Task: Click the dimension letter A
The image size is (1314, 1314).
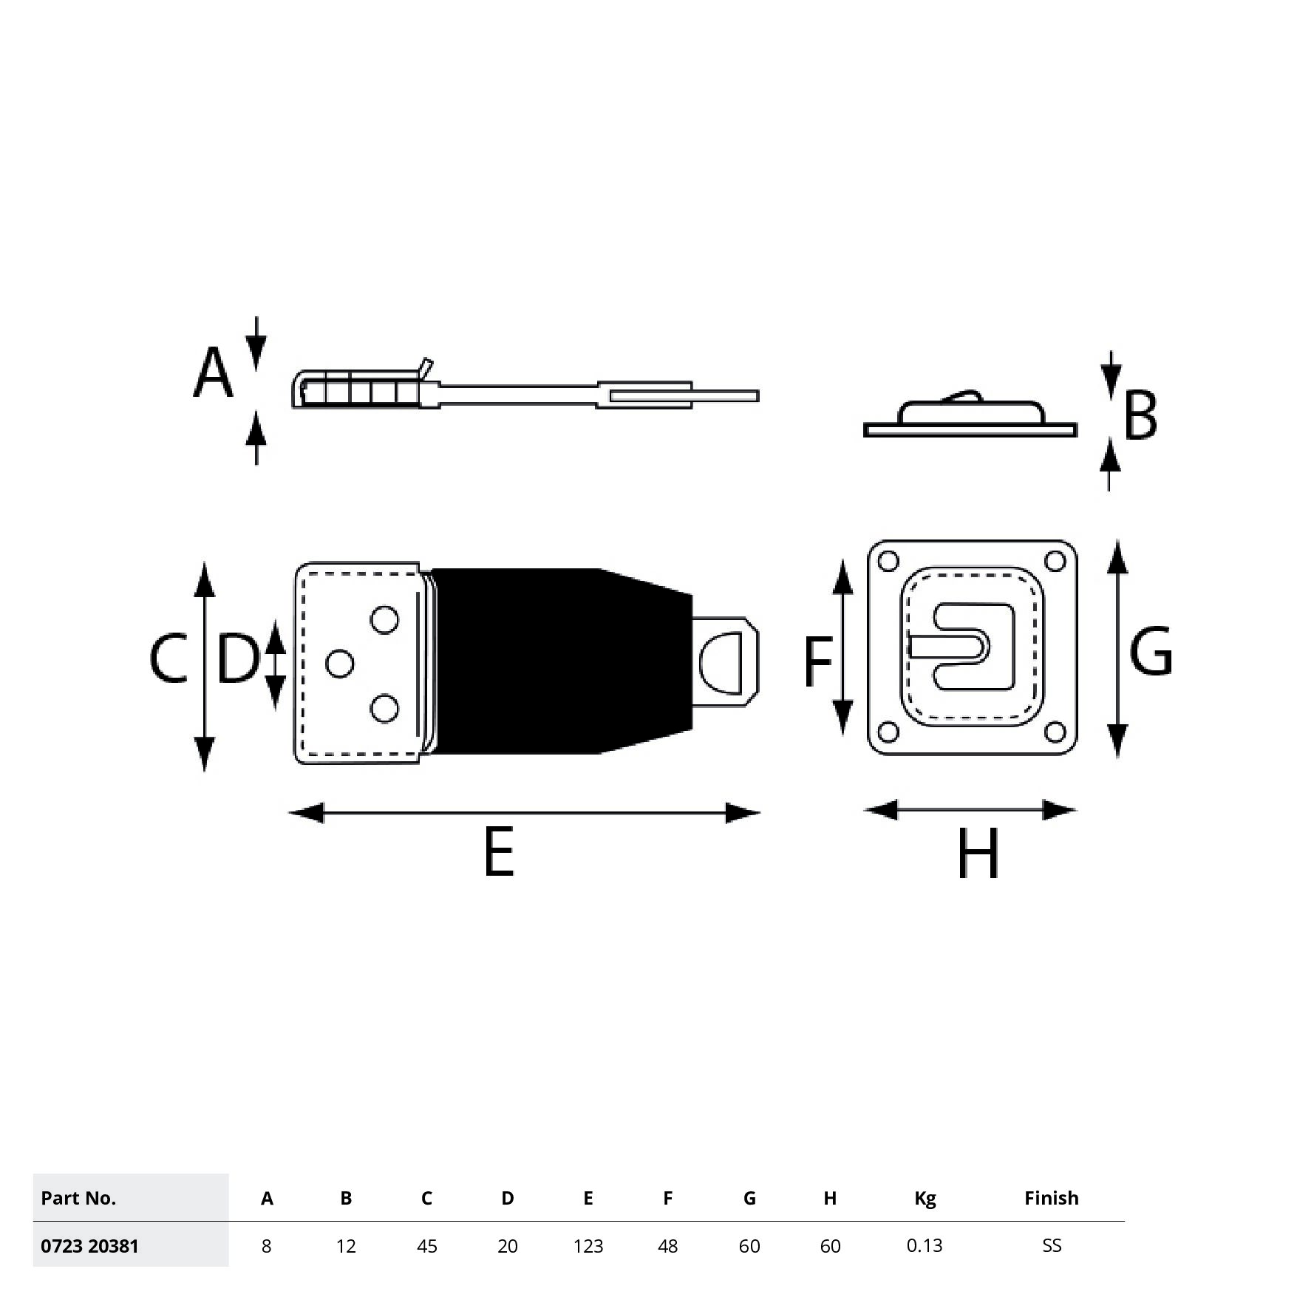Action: (x=213, y=374)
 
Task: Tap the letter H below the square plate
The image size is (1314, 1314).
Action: (x=978, y=854)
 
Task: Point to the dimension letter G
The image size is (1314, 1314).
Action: (x=1150, y=652)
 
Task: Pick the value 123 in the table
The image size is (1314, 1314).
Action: (x=588, y=1247)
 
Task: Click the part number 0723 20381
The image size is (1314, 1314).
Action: (x=89, y=1247)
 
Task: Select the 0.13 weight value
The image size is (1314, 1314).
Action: (x=925, y=1246)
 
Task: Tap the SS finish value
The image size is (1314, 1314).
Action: (x=1051, y=1246)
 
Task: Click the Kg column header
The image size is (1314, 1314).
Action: (x=925, y=1198)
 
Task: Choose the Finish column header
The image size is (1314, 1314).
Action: (x=1051, y=1198)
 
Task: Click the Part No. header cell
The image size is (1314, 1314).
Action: (x=78, y=1198)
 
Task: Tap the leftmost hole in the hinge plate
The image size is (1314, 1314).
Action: (x=339, y=664)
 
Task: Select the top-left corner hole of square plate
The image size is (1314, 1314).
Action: (x=888, y=562)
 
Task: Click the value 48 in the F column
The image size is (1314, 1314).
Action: (x=667, y=1247)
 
